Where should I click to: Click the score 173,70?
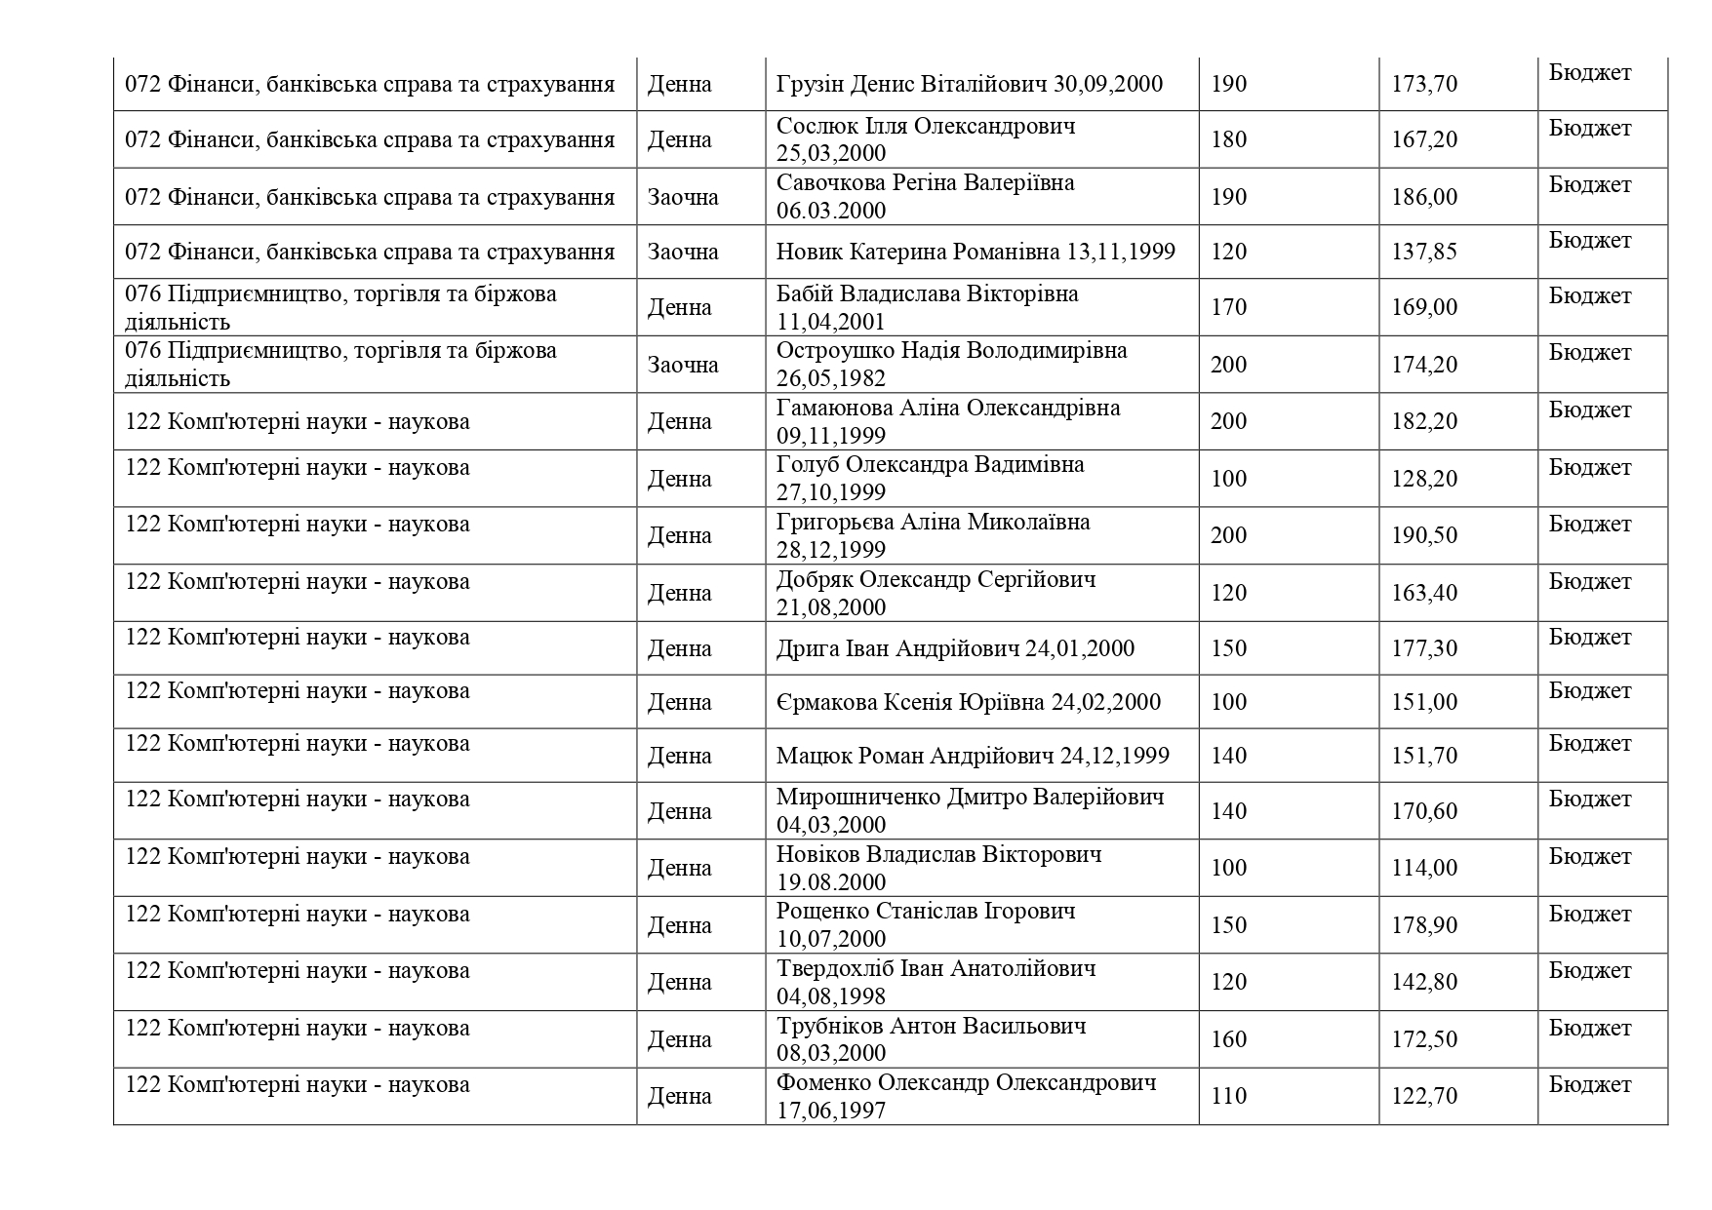1423,84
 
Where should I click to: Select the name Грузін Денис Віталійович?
912,84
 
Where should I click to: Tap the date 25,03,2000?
831,153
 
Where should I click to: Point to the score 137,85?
1423,252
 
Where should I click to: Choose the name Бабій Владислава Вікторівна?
927,293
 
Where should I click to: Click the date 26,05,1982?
831,378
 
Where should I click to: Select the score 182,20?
1423,421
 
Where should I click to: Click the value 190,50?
1423,535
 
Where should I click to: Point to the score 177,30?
1423,648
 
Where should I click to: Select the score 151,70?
1423,756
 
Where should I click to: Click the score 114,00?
1423,868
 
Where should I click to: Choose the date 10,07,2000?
831,939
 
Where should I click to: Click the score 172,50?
1423,1039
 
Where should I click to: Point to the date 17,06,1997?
831,1110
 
